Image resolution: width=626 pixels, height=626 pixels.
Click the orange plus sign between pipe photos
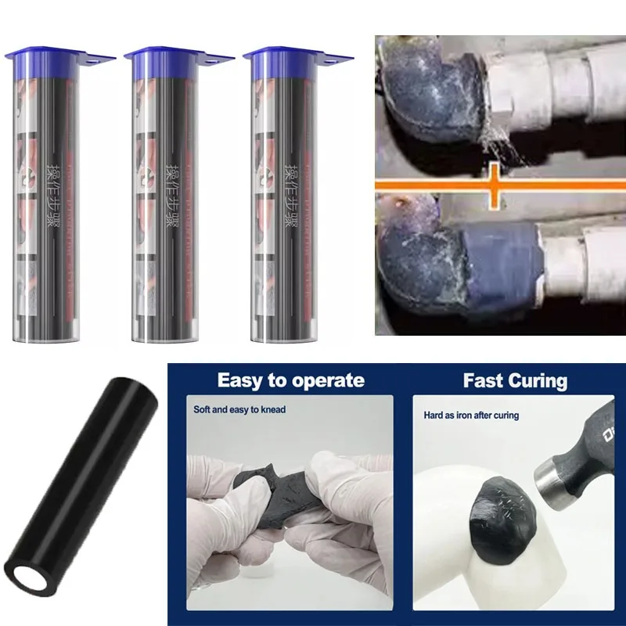[x=495, y=185]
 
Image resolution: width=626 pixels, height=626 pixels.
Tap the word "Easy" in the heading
[x=238, y=381]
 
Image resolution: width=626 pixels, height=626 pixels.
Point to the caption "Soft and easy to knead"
[x=239, y=409]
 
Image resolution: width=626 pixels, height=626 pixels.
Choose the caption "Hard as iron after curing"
[x=471, y=416]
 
